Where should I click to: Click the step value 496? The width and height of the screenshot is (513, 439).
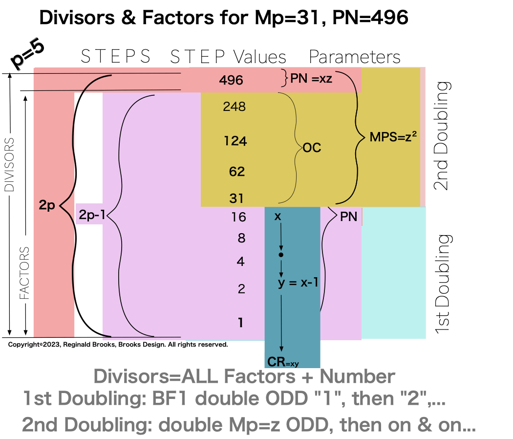coord(232,80)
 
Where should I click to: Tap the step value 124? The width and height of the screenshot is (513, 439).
coord(235,141)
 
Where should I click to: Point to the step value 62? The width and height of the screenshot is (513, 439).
coord(236,172)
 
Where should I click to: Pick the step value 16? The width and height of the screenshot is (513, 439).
coord(238,217)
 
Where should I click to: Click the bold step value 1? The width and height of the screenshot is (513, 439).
coord(240,323)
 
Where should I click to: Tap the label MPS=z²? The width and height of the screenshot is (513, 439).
coord(393,137)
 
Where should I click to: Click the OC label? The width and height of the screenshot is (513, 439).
coord(312,147)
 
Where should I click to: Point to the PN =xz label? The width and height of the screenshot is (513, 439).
coord(311,78)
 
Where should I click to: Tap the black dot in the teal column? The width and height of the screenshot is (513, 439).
coord(281,255)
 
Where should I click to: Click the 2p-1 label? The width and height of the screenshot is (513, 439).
coord(92,214)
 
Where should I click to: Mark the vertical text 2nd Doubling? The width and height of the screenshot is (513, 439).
coord(443,135)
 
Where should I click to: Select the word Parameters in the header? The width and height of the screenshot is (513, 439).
coord(354,57)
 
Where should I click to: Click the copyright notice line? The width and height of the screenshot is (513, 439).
coord(118,345)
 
